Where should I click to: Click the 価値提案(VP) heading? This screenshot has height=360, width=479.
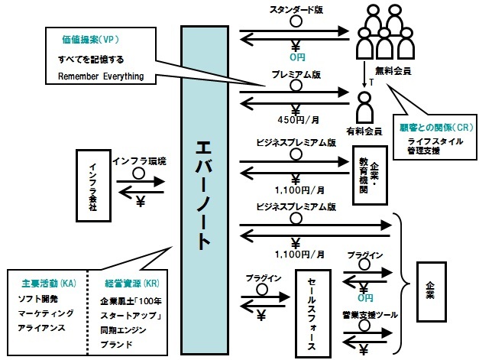tap(89, 39)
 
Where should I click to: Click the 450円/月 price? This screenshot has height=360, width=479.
tap(296, 119)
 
